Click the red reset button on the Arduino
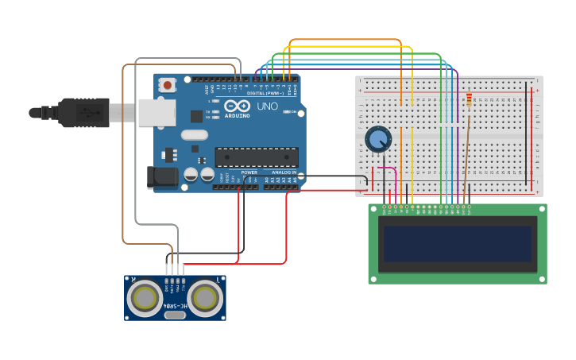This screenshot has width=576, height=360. [167, 84]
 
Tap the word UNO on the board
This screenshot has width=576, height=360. [267, 106]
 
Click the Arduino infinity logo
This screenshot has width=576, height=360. [237, 106]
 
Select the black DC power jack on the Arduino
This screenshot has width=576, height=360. [162, 177]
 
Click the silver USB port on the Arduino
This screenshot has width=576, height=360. [157, 113]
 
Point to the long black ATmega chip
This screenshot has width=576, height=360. [256, 157]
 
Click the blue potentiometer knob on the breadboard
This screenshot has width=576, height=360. [378, 139]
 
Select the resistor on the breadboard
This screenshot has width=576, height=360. [469, 101]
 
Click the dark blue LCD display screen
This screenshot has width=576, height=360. [458, 244]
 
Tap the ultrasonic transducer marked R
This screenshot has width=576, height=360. [145, 298]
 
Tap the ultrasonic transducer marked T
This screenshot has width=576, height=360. [205, 298]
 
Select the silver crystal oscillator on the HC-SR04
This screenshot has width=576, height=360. [175, 315]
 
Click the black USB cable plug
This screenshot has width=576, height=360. [83, 113]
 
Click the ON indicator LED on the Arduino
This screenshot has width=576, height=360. [284, 111]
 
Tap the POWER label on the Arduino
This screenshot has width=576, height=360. [249, 172]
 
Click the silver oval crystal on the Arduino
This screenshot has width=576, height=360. [194, 135]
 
